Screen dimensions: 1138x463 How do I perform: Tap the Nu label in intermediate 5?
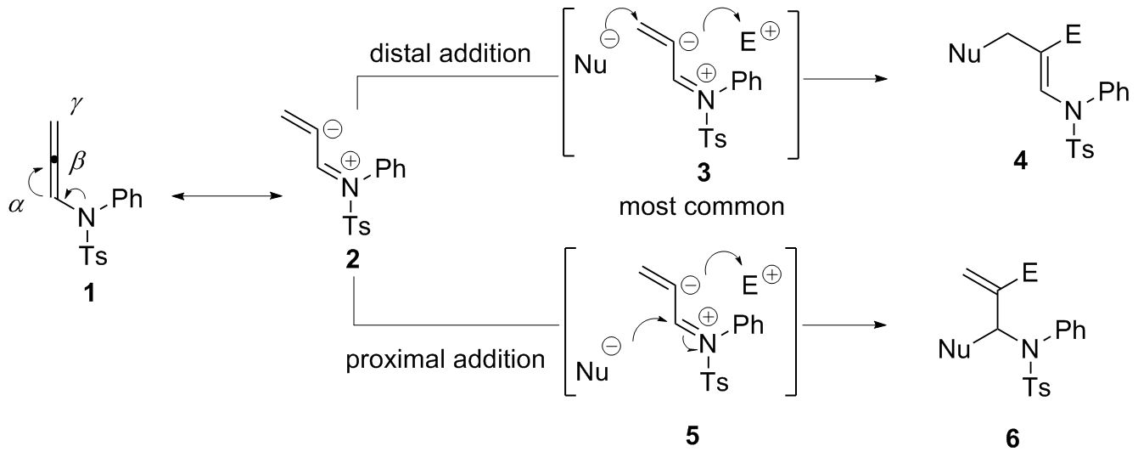pos(593,372)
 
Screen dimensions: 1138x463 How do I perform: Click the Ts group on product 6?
pos(1035,388)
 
